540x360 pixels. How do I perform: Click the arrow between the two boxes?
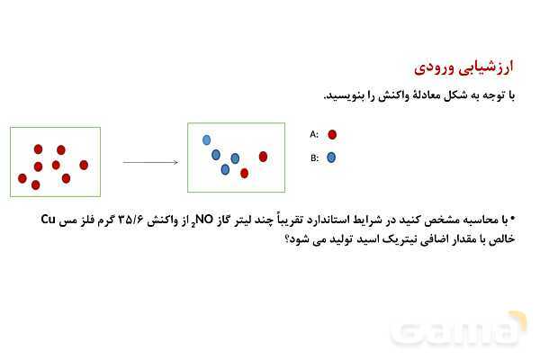[149, 162]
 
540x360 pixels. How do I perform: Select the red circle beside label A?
[332, 134]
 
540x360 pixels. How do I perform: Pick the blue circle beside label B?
[332, 157]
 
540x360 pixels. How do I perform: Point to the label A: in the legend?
[314, 134]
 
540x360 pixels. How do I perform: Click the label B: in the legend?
[314, 157]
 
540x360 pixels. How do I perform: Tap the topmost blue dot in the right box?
[207, 139]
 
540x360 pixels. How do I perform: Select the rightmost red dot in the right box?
[263, 156]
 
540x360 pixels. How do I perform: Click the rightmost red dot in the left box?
[84, 165]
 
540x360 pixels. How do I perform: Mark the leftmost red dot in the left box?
[22, 178]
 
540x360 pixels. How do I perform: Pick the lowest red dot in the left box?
[36, 185]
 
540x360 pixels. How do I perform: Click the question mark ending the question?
[288, 239]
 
